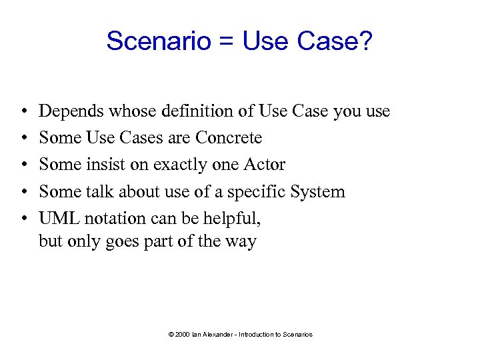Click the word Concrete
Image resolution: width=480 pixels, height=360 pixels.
(x=229, y=138)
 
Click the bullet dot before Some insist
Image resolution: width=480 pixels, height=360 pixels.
(x=23, y=165)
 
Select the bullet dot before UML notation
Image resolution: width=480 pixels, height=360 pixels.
(x=23, y=219)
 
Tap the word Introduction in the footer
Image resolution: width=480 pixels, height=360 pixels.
(x=259, y=334)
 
